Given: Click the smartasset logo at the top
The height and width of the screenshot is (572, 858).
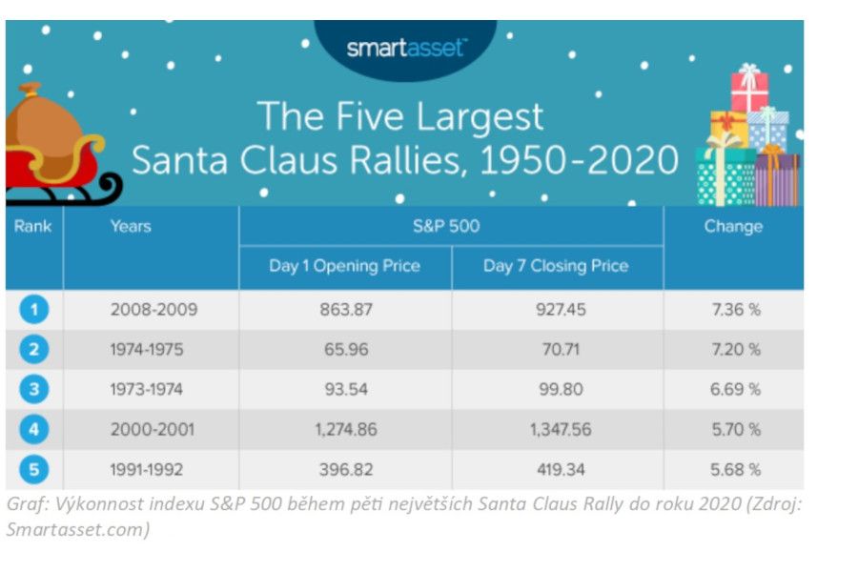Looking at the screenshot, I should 406,48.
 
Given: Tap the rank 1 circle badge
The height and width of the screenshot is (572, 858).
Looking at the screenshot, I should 33,310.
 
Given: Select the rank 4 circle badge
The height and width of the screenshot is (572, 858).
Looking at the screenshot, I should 33,429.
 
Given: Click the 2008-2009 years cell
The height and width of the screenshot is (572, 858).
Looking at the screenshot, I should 153,310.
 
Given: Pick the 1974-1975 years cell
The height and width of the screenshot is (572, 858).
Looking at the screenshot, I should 153,350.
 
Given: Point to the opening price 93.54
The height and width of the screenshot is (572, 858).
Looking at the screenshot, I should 344,389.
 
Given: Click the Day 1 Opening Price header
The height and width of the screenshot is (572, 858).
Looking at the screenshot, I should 344,266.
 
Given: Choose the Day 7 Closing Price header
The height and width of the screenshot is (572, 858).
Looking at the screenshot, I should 556,266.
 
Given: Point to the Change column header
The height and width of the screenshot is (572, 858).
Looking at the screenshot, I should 733,227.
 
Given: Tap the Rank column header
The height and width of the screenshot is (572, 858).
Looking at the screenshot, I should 33,227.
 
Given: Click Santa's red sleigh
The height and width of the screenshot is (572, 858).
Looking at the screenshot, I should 57,167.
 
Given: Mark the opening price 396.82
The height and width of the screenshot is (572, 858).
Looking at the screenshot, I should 344,469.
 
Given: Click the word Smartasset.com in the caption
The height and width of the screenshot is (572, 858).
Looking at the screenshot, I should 76,530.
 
